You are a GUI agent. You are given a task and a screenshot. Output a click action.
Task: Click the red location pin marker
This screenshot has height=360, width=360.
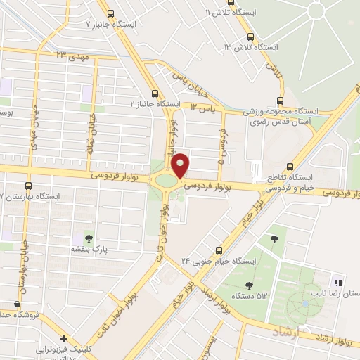[181, 165]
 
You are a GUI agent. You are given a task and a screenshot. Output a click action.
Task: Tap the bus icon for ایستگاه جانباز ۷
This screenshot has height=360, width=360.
[110, 13]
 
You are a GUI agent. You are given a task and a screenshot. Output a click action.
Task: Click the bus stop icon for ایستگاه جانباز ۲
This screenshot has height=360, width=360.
[155, 94]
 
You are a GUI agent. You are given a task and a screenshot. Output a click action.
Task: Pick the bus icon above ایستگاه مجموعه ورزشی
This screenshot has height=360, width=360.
[280, 101]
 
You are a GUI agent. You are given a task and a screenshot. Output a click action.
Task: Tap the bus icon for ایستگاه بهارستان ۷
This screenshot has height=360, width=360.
[28, 186]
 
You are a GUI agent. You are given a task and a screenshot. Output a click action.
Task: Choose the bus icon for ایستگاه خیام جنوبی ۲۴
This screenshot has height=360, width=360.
[219, 250]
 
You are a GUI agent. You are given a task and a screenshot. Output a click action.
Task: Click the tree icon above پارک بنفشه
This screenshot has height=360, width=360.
[89, 236]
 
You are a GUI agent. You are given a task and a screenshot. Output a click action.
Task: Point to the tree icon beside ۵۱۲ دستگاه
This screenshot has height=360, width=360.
[249, 285]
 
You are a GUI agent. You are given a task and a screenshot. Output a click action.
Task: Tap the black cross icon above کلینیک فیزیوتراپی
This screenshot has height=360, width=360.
[63, 338]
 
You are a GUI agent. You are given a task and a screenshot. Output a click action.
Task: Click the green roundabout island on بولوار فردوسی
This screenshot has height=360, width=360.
[167, 181]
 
